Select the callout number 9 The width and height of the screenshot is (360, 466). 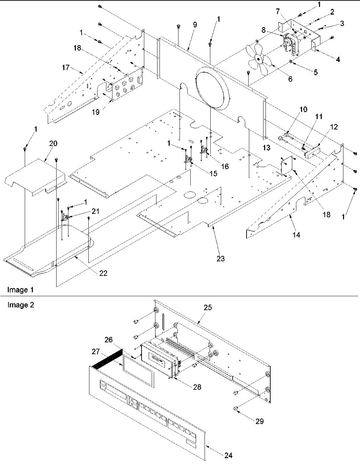(194, 25)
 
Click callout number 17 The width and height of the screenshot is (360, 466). (66, 67)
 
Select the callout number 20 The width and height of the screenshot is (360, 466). (53, 143)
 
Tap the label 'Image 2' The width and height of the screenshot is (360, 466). (21, 305)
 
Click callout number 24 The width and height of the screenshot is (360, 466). (228, 455)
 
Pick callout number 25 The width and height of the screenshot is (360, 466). (208, 307)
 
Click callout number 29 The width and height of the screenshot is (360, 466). (260, 421)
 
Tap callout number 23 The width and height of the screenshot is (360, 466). (221, 259)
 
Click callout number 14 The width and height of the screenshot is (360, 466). (296, 235)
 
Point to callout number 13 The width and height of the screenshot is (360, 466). (266, 148)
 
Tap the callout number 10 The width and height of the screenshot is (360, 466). (303, 109)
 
